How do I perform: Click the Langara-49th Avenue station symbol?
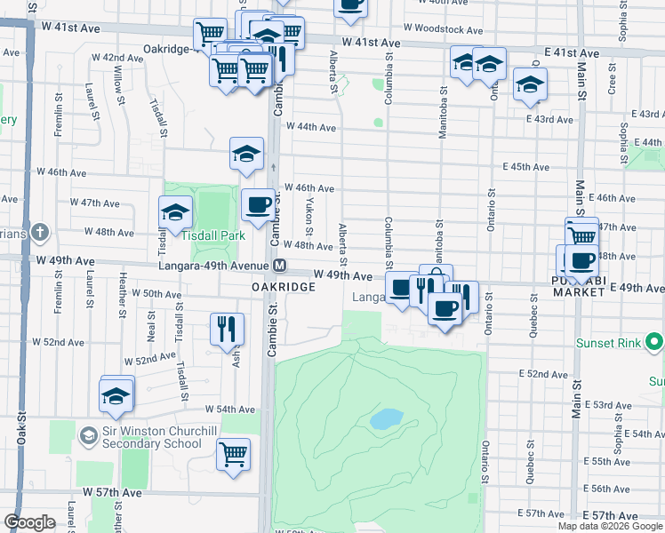pos(279,265)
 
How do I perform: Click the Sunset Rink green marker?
pos(655,342)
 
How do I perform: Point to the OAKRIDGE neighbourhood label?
pos(283,288)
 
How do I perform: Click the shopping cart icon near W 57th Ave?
pos(233,455)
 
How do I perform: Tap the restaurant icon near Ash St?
pos(226,329)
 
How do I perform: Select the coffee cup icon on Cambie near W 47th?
pos(258,205)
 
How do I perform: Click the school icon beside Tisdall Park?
pos(175,212)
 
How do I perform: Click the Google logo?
pos(29,522)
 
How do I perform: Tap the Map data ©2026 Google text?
pos(611,526)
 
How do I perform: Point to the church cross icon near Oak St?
pos(39,233)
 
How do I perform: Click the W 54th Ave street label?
pos(229,410)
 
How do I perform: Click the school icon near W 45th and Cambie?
pos(246,155)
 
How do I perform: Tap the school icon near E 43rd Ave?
pos(530,85)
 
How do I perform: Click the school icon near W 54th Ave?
pos(116,396)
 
